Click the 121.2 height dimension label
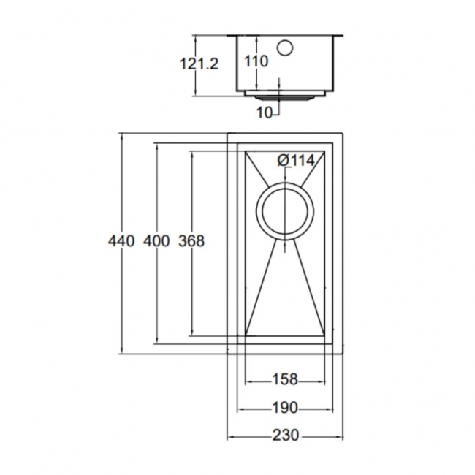199,64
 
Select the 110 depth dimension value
256,62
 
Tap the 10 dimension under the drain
265,112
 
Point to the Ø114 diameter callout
296,161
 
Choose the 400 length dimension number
156,240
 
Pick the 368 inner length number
191,240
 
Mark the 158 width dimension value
284,379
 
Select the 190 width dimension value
284,407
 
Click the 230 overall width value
285,435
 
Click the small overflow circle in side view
285,47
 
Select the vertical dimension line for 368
191,292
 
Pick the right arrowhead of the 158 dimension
322,380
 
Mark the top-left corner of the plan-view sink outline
229,134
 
